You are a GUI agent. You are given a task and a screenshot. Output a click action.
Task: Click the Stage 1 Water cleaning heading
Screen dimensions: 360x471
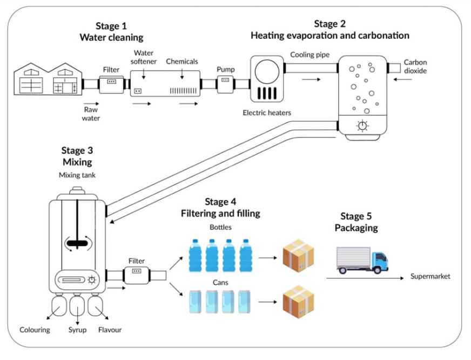[x=111, y=32]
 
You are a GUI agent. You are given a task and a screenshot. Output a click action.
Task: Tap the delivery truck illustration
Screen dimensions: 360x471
[x=361, y=260]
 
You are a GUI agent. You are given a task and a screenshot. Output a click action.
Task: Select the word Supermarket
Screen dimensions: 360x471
[x=430, y=276]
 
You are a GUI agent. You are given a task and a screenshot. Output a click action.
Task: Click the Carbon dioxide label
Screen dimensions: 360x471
[x=415, y=66]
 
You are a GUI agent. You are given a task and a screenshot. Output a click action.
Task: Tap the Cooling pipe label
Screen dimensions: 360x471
[x=310, y=55]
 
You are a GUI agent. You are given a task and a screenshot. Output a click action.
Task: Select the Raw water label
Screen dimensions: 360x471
[x=91, y=114]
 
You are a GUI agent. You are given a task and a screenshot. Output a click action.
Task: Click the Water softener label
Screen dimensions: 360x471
[x=145, y=57]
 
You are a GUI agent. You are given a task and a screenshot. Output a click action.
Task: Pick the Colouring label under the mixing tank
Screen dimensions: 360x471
[x=35, y=330]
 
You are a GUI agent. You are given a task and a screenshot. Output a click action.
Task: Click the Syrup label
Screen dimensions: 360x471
[x=77, y=330]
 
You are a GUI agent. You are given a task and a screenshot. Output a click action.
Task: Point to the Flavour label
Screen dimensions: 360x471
[x=110, y=330]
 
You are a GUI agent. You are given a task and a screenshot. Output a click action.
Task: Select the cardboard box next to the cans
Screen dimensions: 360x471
[x=298, y=302]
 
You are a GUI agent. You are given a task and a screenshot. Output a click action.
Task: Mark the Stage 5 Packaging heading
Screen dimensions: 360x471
[x=356, y=222]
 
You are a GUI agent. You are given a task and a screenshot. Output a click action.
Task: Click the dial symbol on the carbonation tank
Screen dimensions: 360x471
[x=362, y=125]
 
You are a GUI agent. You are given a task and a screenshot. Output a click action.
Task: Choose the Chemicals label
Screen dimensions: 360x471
[x=182, y=62]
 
